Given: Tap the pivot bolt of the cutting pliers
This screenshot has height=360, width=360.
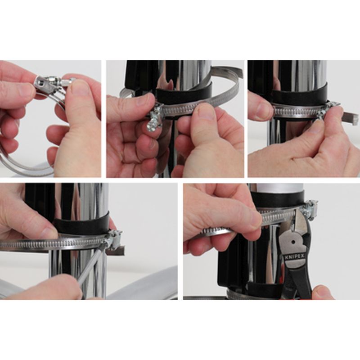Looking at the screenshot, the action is [293, 242].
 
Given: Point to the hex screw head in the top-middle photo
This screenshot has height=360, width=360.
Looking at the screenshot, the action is [152, 125].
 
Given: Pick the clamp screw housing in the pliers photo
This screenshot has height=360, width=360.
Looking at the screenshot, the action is [308, 208].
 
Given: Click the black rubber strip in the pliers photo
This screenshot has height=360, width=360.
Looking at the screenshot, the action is [278, 199].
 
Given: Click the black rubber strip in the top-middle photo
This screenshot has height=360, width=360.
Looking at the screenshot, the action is [184, 91].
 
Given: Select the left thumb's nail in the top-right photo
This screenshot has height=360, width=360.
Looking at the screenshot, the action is [261, 108].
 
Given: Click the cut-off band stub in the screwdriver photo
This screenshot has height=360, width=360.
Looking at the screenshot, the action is [116, 251].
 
